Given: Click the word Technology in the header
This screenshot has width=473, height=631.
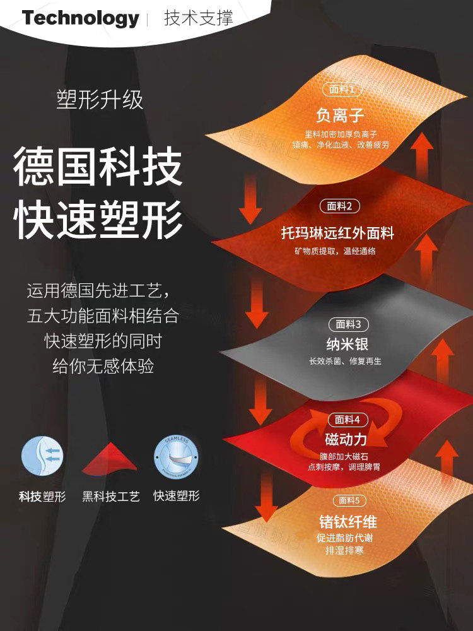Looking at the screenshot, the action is [80, 18].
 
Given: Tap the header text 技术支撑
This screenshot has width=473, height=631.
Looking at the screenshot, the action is [198, 18].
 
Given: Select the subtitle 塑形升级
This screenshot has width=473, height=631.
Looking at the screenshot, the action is [100, 101].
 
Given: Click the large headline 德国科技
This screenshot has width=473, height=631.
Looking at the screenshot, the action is [98, 166].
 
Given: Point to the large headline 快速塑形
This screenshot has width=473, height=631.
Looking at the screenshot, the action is [98, 219].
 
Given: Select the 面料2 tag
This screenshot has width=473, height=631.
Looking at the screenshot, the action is [340, 206].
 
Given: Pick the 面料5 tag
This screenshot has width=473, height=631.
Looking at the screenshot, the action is [348, 500].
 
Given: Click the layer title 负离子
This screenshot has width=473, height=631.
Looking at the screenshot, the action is [340, 115].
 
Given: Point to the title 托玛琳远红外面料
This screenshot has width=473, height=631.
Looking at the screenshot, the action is [337, 233].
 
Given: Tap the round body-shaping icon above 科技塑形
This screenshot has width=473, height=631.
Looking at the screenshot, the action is [42, 457].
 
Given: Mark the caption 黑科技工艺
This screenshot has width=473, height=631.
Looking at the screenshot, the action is [111, 496].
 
